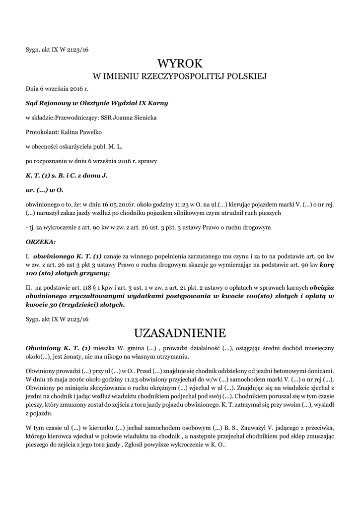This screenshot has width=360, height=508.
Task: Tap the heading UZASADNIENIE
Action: tap(180, 332)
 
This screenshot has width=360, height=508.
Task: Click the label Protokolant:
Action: tap(42, 132)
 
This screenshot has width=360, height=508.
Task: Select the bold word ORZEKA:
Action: tap(41, 242)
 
